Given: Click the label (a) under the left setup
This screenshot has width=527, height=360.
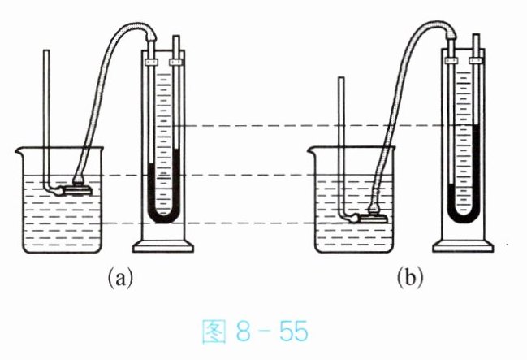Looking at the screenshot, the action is tap(120, 278).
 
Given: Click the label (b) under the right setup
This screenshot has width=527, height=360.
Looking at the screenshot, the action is tap(410, 278).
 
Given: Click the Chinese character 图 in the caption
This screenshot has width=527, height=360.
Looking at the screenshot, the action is tap(214, 332).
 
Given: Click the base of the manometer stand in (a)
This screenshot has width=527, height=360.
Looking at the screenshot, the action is tap(163, 246).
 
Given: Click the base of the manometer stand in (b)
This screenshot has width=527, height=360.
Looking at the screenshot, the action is tap(463, 246).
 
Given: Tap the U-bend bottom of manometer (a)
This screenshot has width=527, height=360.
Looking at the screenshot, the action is tap(163, 218).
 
